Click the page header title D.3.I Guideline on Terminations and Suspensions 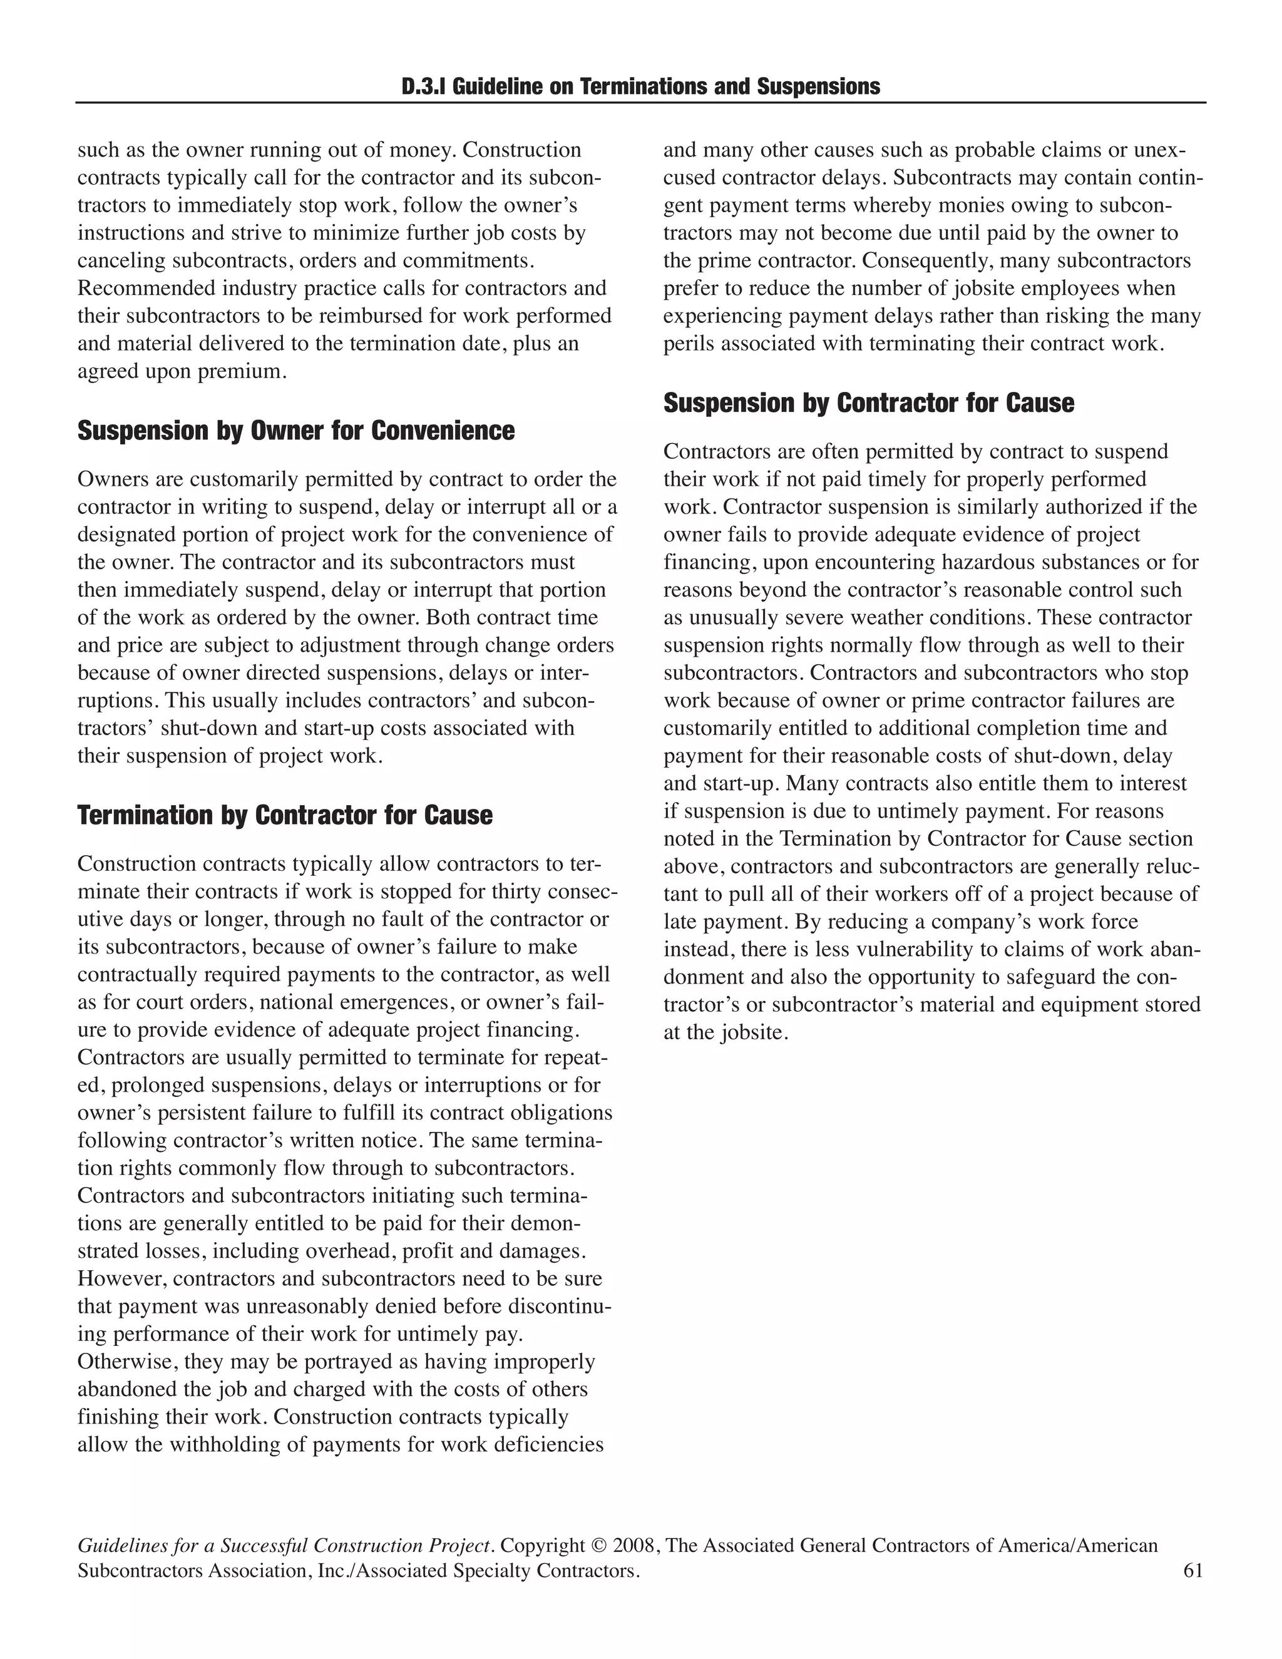640,86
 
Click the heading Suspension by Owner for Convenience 295,431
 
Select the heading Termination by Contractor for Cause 285,815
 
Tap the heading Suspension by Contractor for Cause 869,403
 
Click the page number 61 1192,1571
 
